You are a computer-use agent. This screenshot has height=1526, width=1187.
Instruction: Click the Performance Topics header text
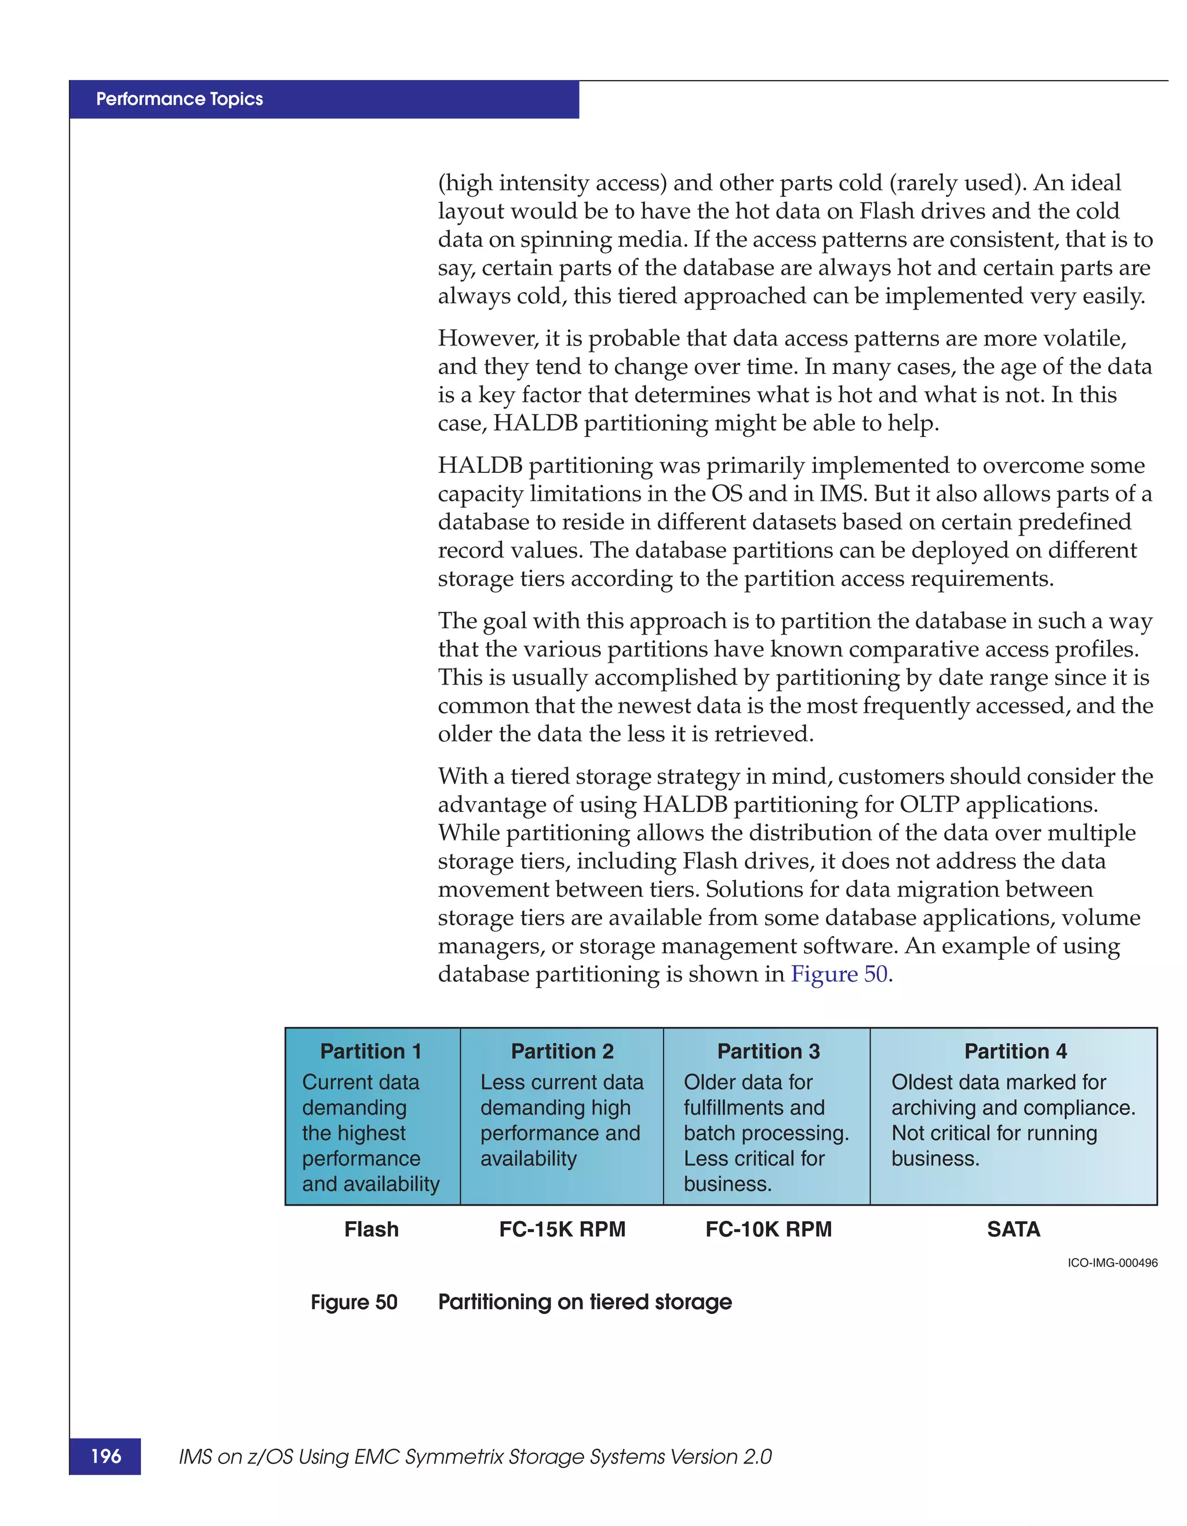(180, 99)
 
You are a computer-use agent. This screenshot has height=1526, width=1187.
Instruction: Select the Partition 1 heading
(371, 1051)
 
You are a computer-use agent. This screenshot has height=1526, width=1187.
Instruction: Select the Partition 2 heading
(562, 1051)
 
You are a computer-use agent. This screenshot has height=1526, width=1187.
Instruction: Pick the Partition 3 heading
(768, 1051)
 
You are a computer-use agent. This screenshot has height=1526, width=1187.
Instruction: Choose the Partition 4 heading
(1015, 1051)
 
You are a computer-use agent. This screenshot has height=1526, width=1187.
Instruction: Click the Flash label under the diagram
(371, 1229)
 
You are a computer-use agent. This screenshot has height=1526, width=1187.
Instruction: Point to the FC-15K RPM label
(562, 1229)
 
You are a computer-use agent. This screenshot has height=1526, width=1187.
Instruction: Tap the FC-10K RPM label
(768, 1229)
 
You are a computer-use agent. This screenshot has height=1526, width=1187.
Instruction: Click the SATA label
(1013, 1229)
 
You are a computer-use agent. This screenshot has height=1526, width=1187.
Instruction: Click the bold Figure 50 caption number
(354, 1302)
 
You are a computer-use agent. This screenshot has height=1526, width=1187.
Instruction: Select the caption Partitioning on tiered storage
(584, 1302)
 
